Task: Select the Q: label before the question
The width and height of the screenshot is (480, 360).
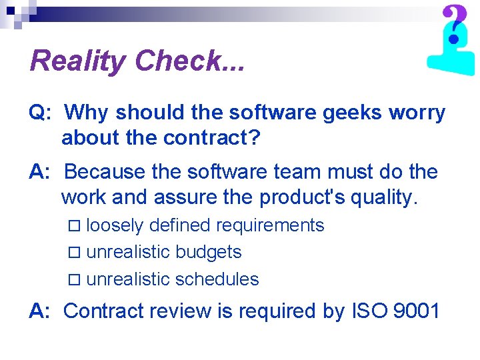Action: tap(39, 113)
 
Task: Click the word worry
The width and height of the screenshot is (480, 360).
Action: tap(418, 113)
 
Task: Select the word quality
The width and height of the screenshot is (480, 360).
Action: tap(379, 197)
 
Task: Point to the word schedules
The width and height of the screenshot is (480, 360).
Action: tap(217, 279)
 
